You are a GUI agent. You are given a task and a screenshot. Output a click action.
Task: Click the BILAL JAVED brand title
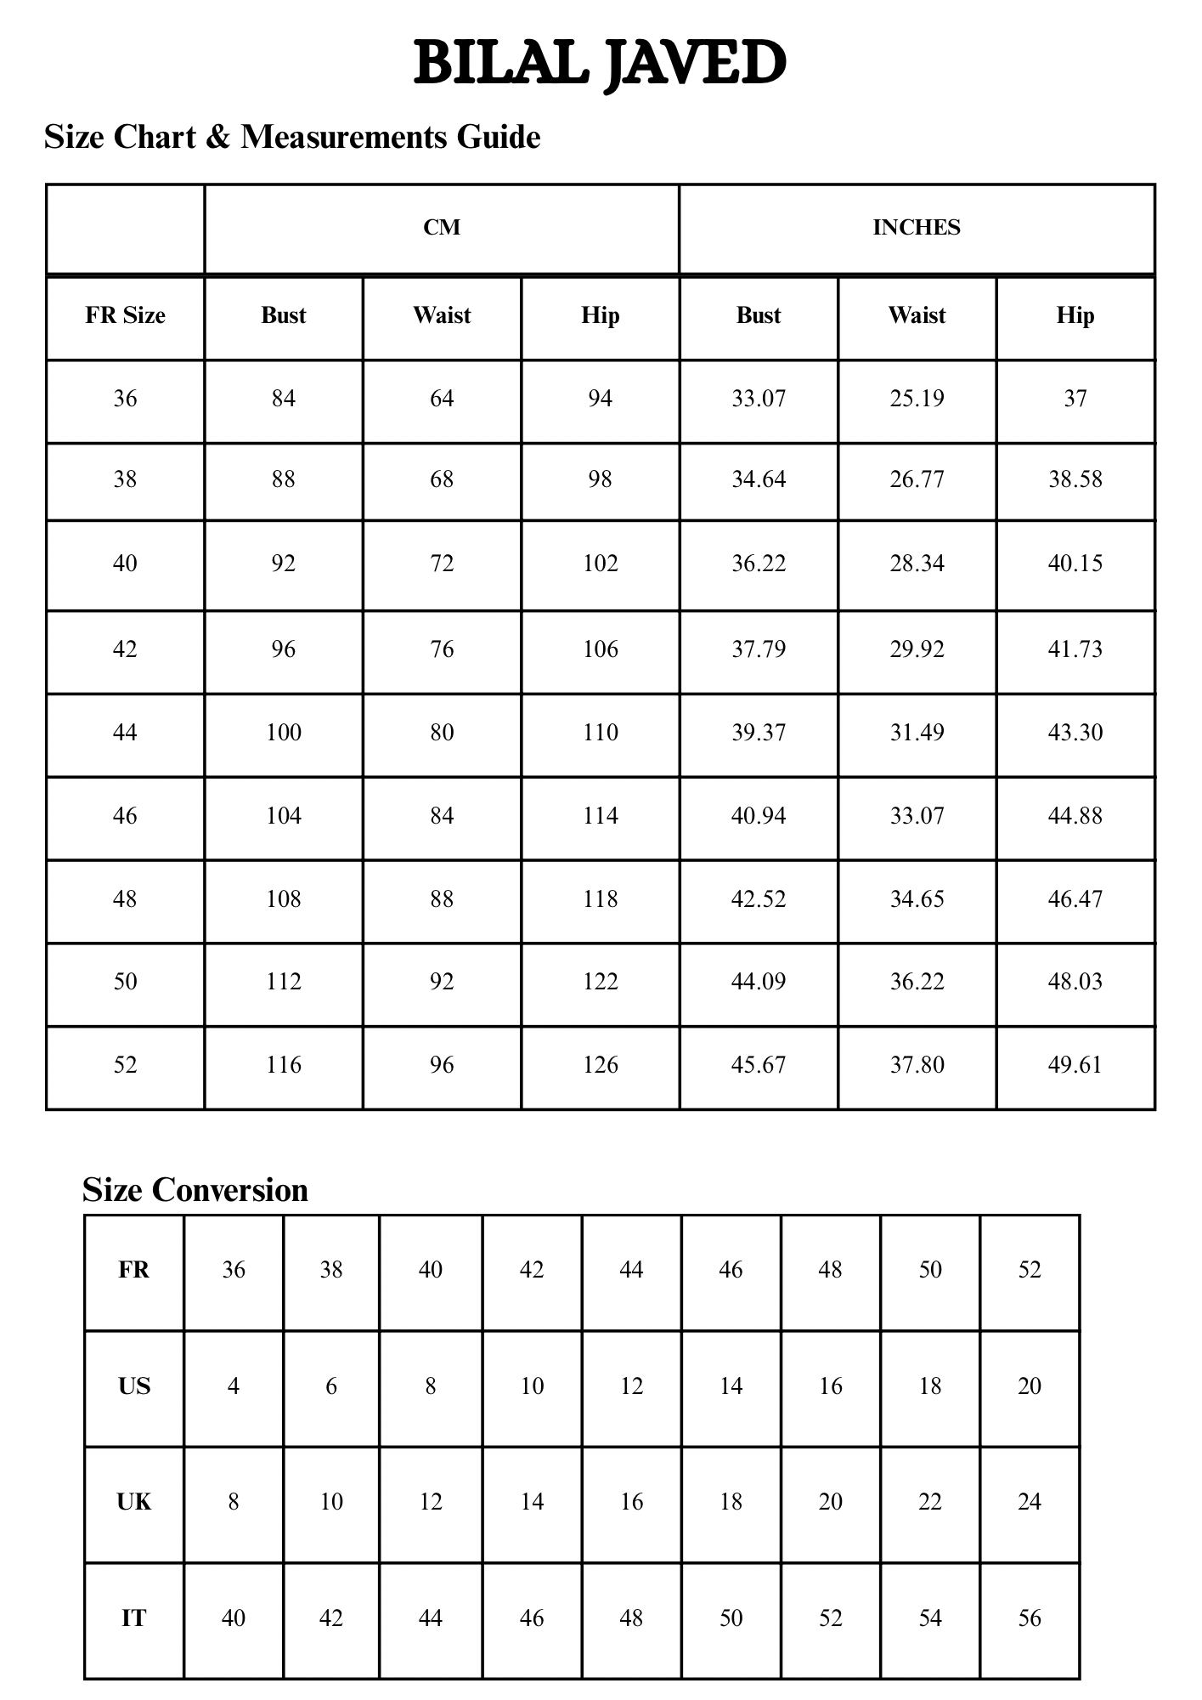click(600, 63)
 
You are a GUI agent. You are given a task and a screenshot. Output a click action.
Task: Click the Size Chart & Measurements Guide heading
click(292, 137)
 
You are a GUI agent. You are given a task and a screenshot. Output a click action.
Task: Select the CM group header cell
click(442, 228)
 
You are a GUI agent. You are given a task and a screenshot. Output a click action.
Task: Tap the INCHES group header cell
click(917, 228)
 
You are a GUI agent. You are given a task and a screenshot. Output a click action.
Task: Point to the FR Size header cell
click(125, 316)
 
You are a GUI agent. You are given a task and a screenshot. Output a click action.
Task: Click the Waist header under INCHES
click(917, 316)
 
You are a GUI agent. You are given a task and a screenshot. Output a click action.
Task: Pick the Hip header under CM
click(600, 316)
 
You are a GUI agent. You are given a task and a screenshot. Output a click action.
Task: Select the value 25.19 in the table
click(917, 399)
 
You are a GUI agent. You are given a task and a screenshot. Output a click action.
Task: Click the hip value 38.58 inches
click(1075, 479)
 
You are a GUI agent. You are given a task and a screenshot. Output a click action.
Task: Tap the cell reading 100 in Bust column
click(283, 733)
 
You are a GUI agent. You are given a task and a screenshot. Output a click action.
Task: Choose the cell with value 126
click(600, 1065)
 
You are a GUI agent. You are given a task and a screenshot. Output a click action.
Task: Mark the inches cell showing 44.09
click(759, 982)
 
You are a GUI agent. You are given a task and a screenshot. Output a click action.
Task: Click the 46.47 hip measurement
click(1075, 899)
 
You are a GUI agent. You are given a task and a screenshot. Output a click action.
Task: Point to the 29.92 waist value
click(917, 649)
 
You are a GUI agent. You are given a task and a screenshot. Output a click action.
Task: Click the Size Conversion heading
click(195, 1190)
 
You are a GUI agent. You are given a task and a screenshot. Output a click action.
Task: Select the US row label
click(134, 1386)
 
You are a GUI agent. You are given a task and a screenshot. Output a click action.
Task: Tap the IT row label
click(134, 1618)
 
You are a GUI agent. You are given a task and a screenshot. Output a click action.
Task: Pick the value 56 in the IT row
click(1030, 1618)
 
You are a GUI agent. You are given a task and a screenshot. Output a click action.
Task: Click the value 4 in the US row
click(233, 1386)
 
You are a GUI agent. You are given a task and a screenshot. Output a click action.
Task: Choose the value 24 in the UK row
click(1030, 1502)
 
